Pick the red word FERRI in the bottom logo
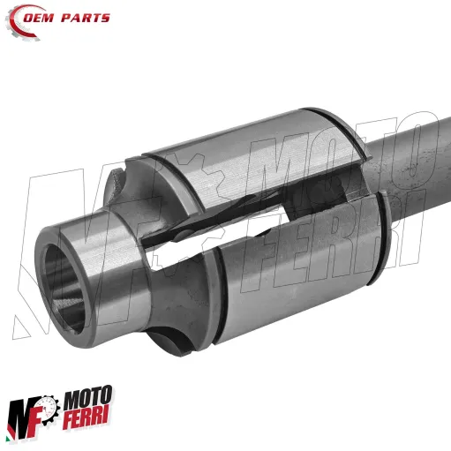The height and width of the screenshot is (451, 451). pos(91,428)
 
